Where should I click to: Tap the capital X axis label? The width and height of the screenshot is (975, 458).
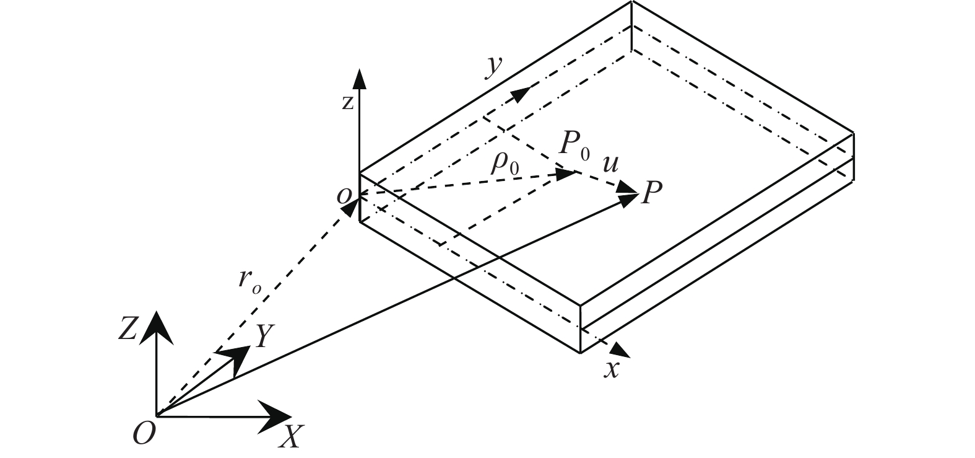pyautogui.click(x=289, y=438)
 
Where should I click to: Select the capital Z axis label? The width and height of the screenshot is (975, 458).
pyautogui.click(x=128, y=331)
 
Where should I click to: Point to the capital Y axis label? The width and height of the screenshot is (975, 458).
pyautogui.click(x=263, y=337)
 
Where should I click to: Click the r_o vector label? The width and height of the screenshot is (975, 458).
pyautogui.click(x=248, y=281)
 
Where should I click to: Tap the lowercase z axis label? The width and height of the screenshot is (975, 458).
pyautogui.click(x=348, y=103)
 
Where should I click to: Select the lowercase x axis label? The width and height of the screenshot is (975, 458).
pyautogui.click(x=612, y=369)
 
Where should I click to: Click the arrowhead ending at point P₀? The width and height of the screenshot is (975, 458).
pyautogui.click(x=568, y=174)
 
